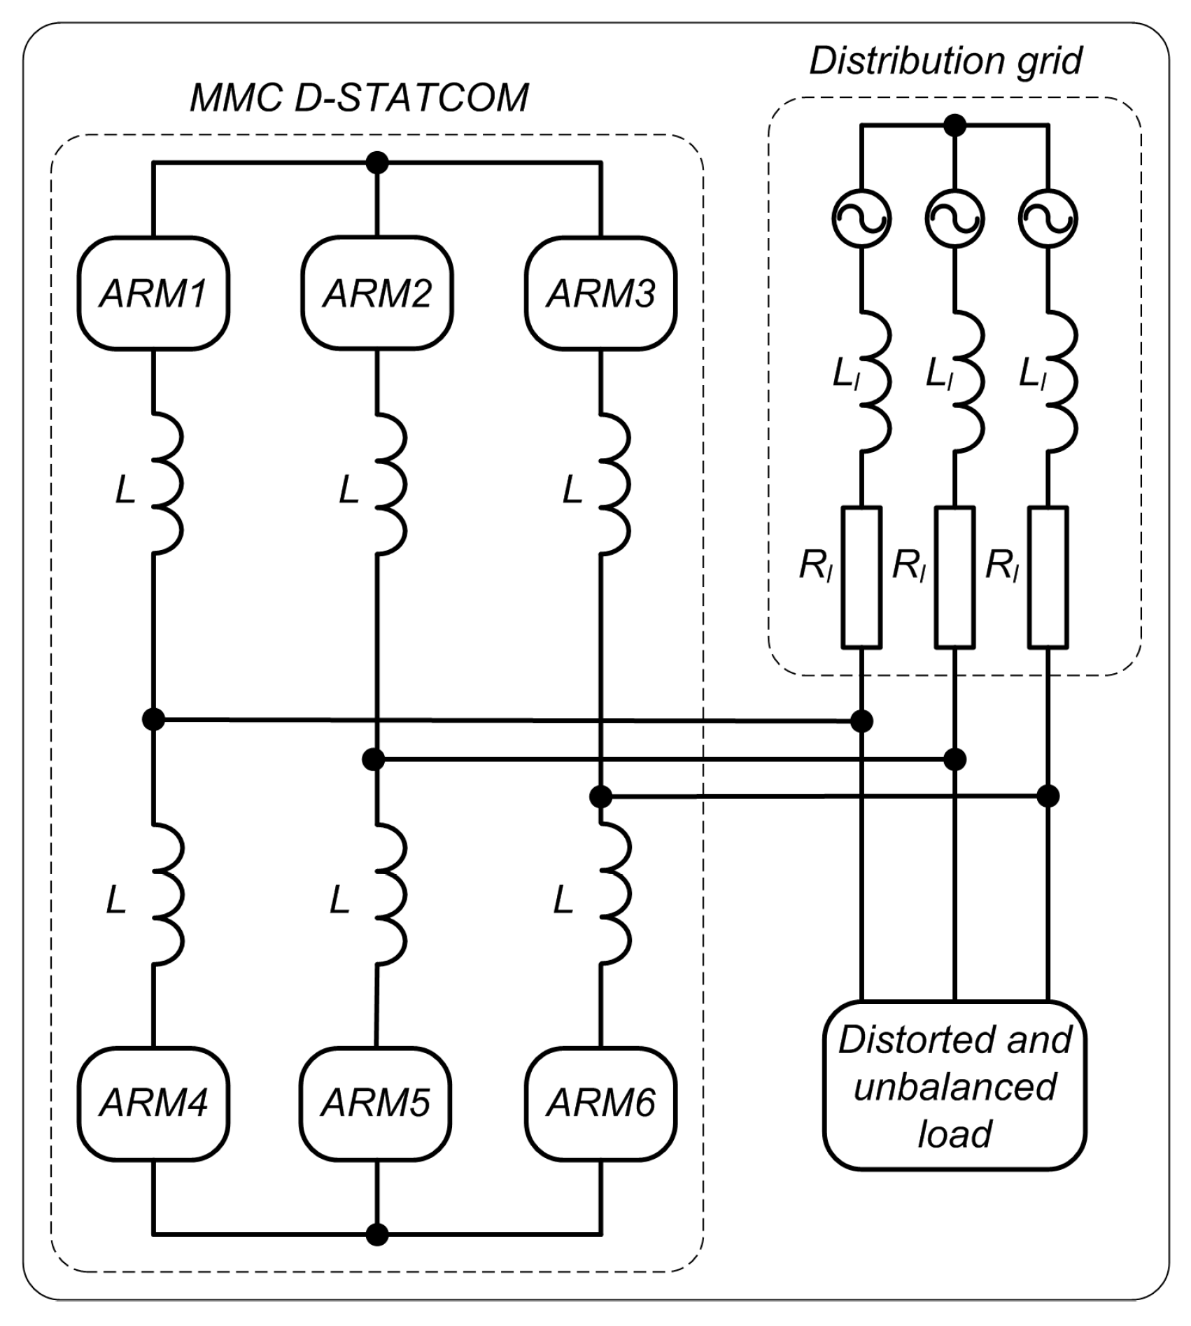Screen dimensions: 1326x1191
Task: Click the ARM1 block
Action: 153,293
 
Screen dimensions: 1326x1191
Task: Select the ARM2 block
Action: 377,293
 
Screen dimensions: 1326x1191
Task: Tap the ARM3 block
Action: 601,293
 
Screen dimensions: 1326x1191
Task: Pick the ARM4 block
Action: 153,1103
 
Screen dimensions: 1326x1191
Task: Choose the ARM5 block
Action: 376,1103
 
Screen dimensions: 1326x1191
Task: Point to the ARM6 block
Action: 601,1103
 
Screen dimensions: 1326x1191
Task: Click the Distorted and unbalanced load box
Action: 955,1087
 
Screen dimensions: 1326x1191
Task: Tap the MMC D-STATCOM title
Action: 360,98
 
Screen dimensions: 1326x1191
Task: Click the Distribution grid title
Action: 945,62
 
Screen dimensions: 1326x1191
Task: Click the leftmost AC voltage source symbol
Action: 861,219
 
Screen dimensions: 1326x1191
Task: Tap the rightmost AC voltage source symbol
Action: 1048,219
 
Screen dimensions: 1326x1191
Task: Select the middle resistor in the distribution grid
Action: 955,577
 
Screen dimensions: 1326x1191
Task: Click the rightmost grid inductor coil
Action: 1061,381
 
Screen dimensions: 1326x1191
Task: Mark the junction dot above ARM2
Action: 377,163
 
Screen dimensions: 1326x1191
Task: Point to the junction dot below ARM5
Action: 377,1235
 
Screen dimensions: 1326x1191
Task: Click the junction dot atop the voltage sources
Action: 955,126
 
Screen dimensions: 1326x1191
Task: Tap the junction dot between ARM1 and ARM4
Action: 153,719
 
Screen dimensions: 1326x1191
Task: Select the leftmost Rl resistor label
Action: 816,567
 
